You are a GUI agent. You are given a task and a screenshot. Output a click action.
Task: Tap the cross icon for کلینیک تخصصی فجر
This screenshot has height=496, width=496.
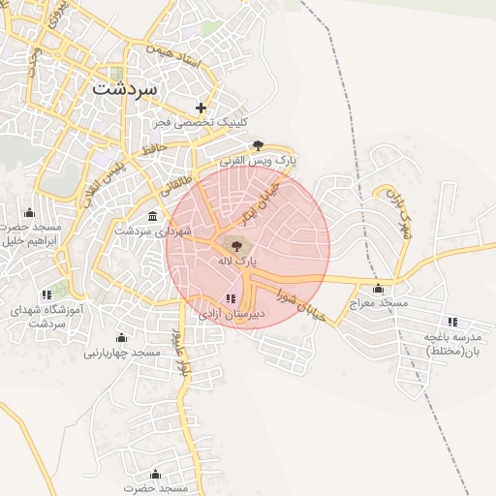201,108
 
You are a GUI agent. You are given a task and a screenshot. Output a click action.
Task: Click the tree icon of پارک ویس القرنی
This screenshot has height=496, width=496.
257,145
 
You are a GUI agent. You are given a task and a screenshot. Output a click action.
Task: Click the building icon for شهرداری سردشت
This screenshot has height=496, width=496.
153,216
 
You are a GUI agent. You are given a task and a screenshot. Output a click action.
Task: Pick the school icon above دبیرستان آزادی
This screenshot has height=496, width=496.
231,298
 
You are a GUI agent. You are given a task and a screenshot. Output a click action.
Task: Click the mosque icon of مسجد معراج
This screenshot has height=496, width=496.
378,289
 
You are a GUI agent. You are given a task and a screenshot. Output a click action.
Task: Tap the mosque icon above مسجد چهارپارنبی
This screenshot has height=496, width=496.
121,337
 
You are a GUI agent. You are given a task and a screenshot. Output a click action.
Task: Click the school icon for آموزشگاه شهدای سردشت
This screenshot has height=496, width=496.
46,294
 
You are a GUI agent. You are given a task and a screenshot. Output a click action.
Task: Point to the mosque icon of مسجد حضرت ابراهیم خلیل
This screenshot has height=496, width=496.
29,213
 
